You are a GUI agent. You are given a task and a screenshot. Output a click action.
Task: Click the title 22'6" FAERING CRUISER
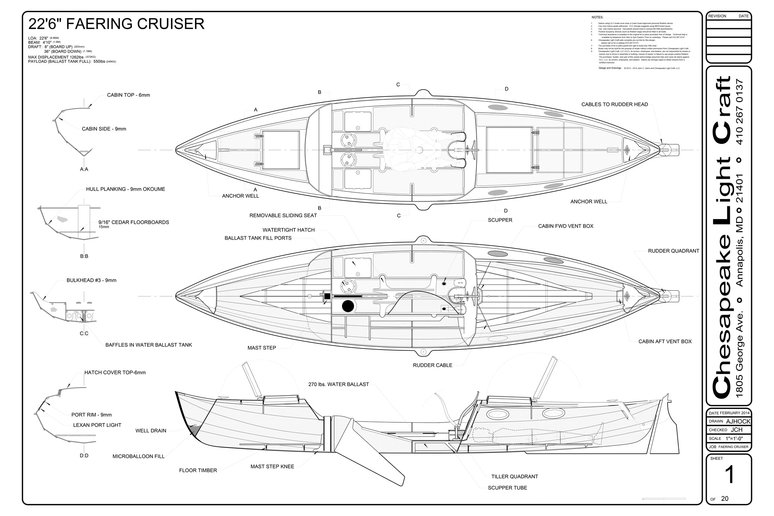pos(116,24)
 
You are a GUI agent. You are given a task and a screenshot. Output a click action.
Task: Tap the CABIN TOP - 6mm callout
pos(128,95)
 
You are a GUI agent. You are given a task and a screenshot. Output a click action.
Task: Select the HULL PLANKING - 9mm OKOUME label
pos(125,189)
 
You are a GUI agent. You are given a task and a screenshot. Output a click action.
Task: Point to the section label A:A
pos(84,169)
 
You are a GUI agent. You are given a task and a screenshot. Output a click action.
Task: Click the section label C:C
pos(84,333)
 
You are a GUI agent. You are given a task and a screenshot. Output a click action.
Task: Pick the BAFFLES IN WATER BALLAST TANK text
pos(149,345)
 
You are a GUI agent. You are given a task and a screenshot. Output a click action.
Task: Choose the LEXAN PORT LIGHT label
pos(97,425)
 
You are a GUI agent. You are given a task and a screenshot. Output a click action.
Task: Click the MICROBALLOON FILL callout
pos(139,456)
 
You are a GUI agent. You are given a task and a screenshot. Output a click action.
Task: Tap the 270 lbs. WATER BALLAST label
pos(339,384)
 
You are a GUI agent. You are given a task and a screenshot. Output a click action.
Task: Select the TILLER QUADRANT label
pos(515,477)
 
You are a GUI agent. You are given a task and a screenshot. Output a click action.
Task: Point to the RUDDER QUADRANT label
pos(673,251)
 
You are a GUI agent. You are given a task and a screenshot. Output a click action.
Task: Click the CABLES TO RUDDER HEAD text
pos(615,105)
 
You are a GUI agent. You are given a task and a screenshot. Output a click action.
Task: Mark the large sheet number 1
pos(729,475)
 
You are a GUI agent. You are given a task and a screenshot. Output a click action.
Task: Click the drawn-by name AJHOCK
pos(738,422)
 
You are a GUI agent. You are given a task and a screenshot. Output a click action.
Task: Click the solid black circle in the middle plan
pos(348,306)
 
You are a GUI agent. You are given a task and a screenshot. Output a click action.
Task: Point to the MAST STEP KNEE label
pos(272,466)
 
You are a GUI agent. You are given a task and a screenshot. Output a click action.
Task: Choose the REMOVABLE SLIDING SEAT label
pos(283,216)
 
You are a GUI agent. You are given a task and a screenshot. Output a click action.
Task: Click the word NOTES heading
pos(597,17)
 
